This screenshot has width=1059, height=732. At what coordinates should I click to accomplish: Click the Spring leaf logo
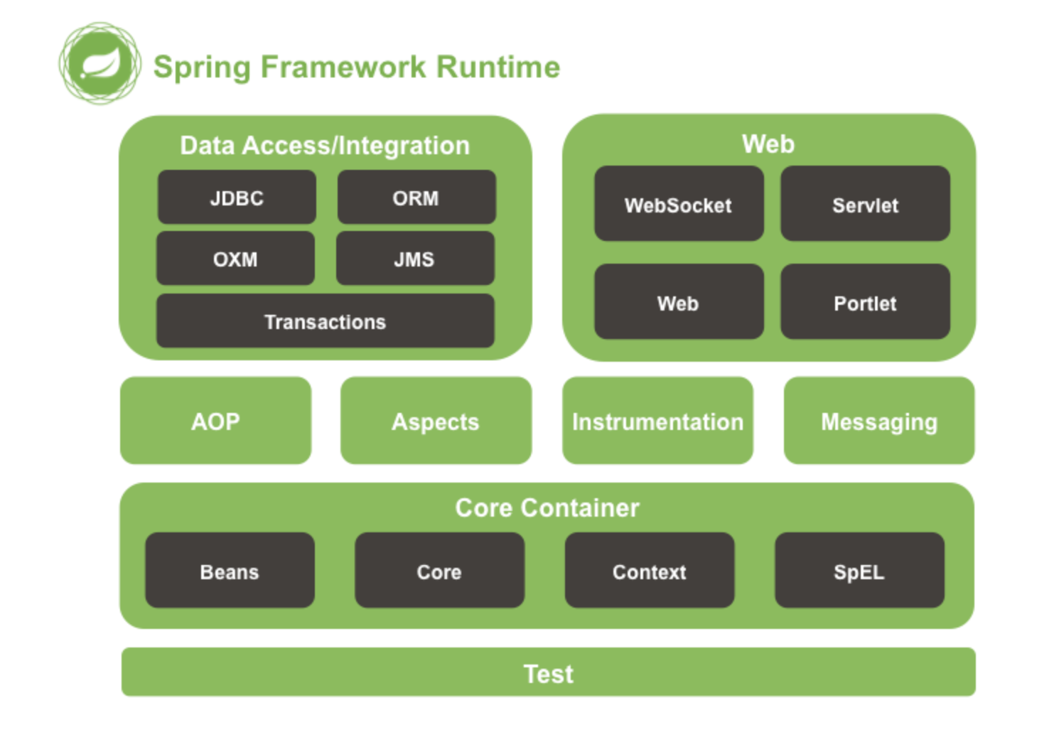[100, 63]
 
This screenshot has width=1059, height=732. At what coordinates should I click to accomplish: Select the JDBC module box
[237, 197]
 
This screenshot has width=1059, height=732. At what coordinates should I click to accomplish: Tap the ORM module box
[416, 197]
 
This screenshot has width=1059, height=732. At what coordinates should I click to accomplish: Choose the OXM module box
[235, 258]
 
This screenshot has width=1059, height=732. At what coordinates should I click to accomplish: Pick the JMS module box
[415, 258]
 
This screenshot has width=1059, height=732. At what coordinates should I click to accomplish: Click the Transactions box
[326, 321]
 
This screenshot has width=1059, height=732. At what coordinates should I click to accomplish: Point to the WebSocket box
[679, 203]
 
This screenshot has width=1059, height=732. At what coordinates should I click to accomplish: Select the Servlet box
[865, 203]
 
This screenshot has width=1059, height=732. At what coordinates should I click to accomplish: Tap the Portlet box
[865, 302]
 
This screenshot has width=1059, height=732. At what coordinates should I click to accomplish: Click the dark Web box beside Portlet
[679, 302]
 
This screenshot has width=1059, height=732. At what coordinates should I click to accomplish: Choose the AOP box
[215, 421]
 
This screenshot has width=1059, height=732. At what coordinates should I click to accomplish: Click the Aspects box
[436, 421]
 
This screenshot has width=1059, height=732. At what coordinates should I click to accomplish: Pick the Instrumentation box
[657, 421]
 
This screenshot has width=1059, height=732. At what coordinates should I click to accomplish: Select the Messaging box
[879, 421]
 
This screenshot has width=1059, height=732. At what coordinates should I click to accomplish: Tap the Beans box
[230, 570]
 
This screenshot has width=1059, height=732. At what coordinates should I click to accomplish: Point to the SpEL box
[859, 570]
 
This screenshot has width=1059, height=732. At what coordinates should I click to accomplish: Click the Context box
[650, 570]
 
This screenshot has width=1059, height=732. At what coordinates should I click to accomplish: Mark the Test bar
[549, 672]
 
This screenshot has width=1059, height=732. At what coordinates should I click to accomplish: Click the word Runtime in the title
[498, 67]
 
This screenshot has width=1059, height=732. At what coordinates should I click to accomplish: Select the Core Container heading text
[547, 508]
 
